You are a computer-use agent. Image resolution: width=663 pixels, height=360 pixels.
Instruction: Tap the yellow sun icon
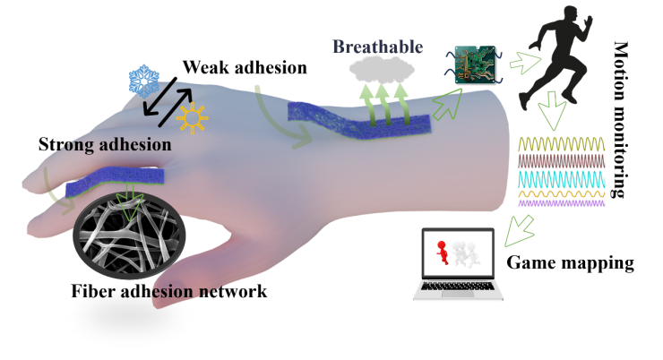click(192, 117)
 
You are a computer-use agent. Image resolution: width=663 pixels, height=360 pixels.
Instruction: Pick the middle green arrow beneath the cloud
click(383, 100)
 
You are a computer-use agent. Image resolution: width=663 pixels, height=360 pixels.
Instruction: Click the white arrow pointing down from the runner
click(553, 112)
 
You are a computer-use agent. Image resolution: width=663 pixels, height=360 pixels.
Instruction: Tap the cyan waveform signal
click(562, 179)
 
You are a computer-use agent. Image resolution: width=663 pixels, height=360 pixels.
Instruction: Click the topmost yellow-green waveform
click(562, 144)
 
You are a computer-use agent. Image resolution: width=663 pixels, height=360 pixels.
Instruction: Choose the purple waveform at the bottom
click(562, 203)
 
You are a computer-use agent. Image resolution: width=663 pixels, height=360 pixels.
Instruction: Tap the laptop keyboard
click(458, 288)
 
